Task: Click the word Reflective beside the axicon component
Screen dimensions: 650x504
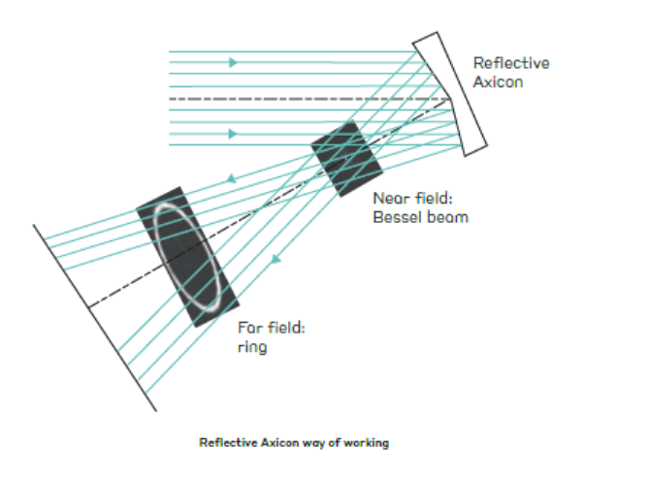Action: click(x=511, y=63)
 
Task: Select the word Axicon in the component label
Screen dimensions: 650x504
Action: click(x=498, y=81)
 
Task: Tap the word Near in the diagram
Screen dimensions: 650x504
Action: click(x=391, y=198)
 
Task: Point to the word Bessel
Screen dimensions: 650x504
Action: click(x=397, y=217)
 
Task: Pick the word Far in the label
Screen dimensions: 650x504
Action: click(x=250, y=328)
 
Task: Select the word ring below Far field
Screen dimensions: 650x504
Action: click(x=252, y=347)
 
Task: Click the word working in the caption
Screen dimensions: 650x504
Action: click(x=366, y=443)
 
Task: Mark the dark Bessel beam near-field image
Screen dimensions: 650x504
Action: click(x=346, y=159)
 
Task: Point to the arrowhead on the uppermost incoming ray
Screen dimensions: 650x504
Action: click(x=234, y=63)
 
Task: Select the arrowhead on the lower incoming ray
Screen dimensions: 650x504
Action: click(x=234, y=134)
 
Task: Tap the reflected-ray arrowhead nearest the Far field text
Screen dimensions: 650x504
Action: click(x=276, y=260)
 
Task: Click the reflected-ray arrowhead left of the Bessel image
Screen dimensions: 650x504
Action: click(x=231, y=179)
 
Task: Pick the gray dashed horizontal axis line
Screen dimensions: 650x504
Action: click(x=309, y=99)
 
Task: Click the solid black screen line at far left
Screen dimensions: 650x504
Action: click(x=95, y=318)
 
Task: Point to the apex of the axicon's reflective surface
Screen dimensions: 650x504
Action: click(x=450, y=100)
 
